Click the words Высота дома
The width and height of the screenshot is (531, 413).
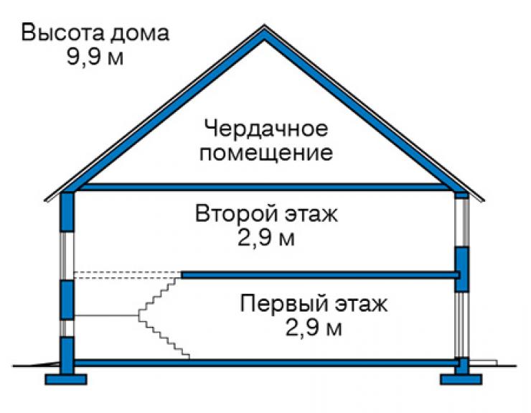[x=95, y=33]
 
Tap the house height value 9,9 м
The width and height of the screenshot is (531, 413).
[x=95, y=56]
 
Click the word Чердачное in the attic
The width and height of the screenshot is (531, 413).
[x=266, y=129]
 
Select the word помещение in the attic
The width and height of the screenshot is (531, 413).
[x=266, y=152]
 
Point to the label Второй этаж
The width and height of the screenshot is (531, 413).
[x=266, y=214]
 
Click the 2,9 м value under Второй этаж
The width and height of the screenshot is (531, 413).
[x=266, y=238]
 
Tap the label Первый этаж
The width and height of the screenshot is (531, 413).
[x=314, y=304]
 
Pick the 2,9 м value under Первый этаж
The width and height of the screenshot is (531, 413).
[x=314, y=328]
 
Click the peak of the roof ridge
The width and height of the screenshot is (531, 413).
[x=265, y=25]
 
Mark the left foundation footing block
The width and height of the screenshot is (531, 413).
[x=66, y=379]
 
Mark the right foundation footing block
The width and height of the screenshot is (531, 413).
[x=461, y=379]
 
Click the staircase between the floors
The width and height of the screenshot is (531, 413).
[x=163, y=317]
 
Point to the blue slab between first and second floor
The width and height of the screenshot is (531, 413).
[x=320, y=274]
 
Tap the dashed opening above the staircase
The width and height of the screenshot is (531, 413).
[x=127, y=274]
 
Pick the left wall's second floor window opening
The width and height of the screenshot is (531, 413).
[x=67, y=256]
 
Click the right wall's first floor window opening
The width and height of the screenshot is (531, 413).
[x=462, y=325]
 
